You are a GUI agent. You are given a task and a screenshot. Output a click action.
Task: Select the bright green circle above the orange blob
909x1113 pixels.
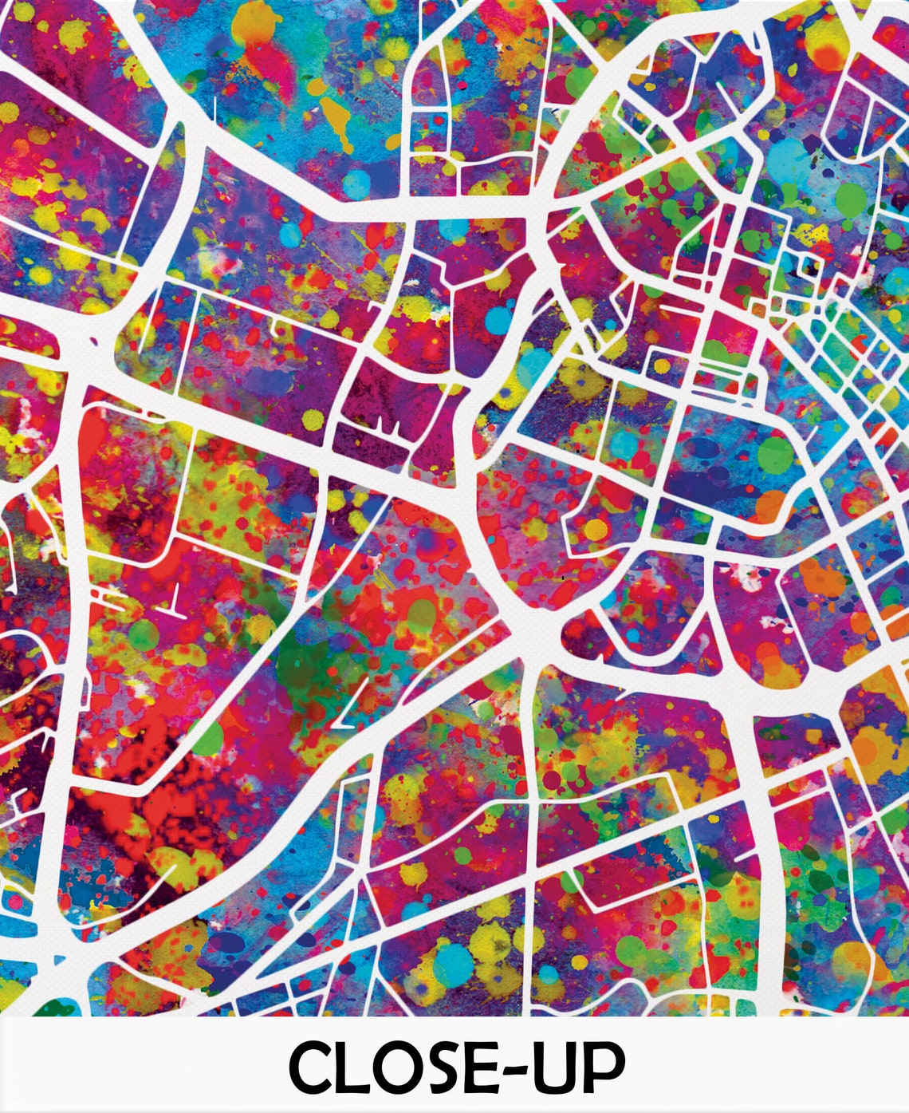[x=775, y=453]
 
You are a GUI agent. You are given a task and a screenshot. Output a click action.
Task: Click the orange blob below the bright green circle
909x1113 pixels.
[x=769, y=504]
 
